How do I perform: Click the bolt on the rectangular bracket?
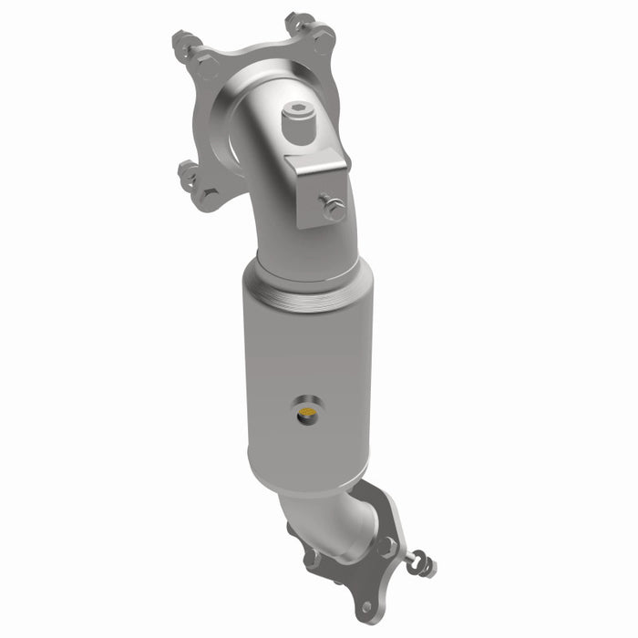[333, 209]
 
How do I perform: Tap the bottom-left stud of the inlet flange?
[188, 171]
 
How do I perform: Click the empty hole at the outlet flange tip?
[366, 605]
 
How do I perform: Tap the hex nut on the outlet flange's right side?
[388, 547]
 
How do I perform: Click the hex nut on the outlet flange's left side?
[311, 556]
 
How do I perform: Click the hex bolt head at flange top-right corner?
[322, 38]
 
